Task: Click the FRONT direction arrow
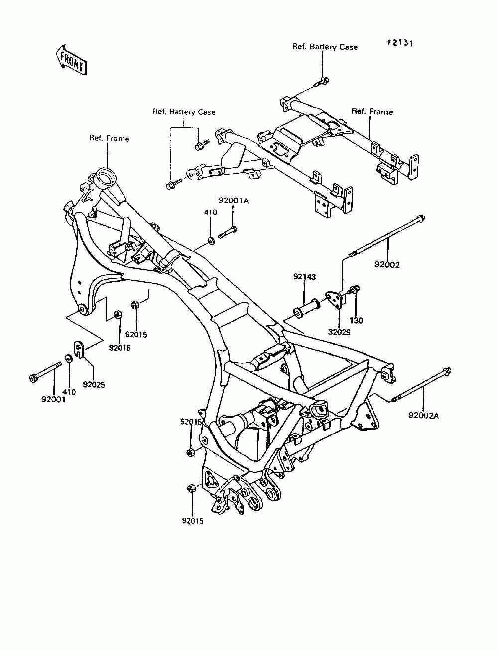click(71, 60)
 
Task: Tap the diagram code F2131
click(400, 43)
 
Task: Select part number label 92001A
click(233, 201)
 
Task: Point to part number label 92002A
click(423, 416)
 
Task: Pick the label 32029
click(339, 332)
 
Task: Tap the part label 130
click(356, 321)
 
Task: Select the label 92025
click(94, 385)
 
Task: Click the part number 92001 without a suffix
click(54, 399)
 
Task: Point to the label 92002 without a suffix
click(387, 265)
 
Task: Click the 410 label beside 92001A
click(211, 212)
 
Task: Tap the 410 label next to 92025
click(69, 392)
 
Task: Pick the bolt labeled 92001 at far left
click(45, 371)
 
